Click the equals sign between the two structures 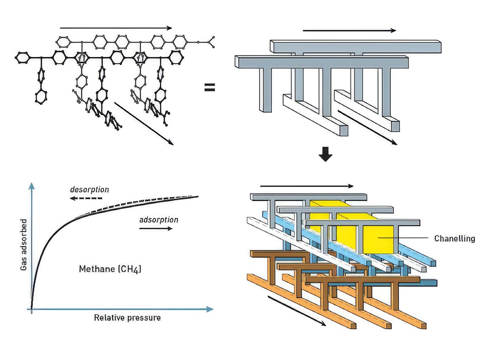pos(209,87)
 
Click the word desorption pos(89,189)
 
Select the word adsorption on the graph pos(158,220)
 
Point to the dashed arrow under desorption pos(85,198)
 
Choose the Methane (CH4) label pos(110,268)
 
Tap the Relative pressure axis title pos(127,317)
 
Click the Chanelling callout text pos(454,238)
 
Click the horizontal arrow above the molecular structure pos(116,28)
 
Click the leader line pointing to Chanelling pos(405,238)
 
